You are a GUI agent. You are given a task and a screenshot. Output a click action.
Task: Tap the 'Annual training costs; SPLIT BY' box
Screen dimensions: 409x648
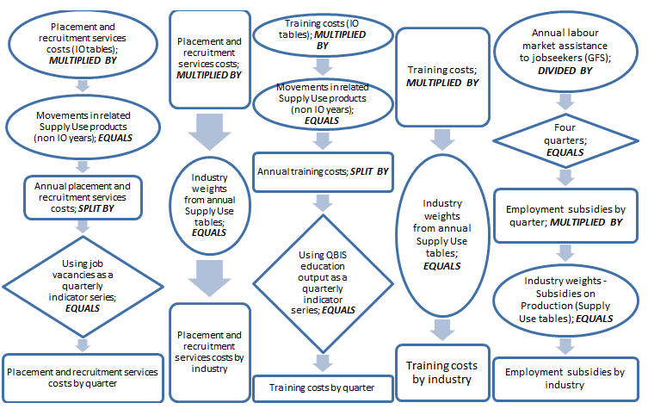322,172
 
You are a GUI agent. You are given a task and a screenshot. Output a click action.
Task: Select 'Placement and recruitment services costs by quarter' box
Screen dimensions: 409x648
83,377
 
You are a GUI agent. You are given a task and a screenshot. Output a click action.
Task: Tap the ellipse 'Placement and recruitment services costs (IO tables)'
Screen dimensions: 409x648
83,46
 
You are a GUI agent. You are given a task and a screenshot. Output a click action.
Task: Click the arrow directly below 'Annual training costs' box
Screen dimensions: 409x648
322,203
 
